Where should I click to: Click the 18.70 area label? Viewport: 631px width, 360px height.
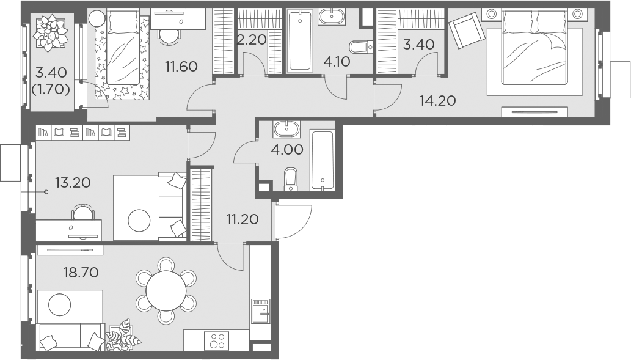[x=81, y=272]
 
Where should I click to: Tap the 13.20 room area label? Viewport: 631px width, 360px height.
[x=73, y=182]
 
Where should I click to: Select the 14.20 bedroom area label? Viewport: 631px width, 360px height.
[x=437, y=101]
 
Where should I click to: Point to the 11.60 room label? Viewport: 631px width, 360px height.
[x=181, y=66]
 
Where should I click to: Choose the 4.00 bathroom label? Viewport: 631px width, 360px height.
[x=287, y=150]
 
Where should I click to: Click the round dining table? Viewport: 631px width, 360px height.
[x=166, y=291]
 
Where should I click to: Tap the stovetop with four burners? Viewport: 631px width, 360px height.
[x=216, y=340]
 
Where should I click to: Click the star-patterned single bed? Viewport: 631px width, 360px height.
[x=122, y=57]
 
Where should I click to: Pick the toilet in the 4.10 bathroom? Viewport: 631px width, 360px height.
[x=360, y=46]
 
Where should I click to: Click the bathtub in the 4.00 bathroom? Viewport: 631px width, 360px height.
[x=322, y=160]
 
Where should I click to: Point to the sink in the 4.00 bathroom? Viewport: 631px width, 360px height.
[x=286, y=129]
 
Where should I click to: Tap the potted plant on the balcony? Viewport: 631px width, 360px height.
[x=51, y=34]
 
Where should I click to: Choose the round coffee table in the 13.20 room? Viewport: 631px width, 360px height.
[x=139, y=220]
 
